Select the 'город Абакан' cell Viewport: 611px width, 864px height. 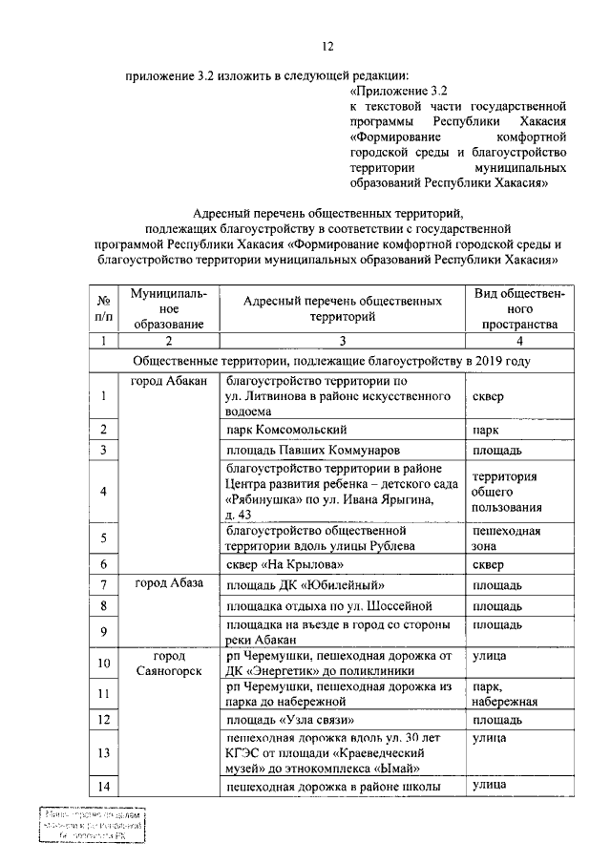click(x=169, y=381)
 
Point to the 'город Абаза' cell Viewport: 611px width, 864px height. click(x=169, y=583)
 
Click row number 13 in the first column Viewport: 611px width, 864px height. click(x=102, y=752)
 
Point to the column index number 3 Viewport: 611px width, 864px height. click(x=342, y=340)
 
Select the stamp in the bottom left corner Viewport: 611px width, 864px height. click(x=91, y=824)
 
